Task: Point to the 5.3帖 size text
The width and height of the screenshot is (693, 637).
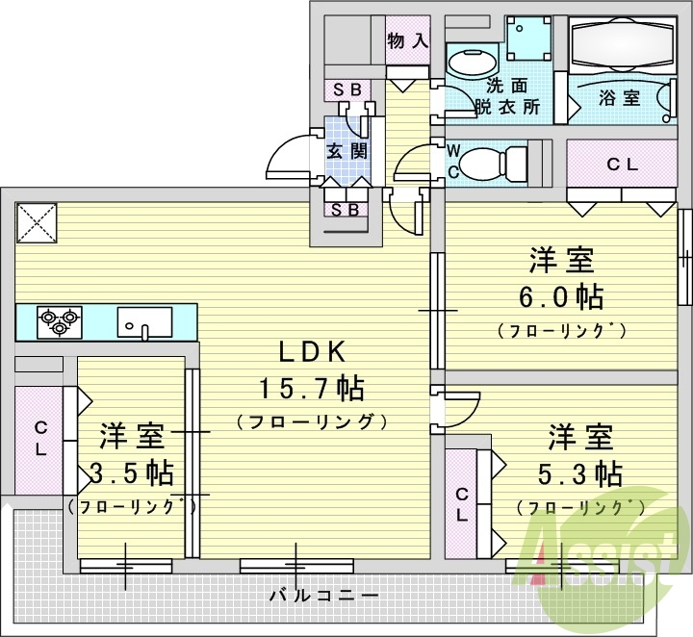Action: click(x=581, y=473)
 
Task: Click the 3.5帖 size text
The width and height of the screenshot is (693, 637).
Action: click(x=131, y=472)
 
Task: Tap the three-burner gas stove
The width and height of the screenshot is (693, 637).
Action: click(x=60, y=319)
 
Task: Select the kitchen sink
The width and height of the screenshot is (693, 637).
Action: click(x=144, y=319)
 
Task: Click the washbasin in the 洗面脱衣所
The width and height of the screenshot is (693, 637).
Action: click(x=470, y=64)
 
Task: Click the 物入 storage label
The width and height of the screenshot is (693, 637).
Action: click(x=407, y=40)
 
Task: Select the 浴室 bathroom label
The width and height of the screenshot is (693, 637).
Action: click(x=619, y=97)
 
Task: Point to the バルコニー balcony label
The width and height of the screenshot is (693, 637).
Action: click(x=322, y=596)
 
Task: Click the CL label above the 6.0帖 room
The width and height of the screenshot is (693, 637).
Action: click(x=622, y=165)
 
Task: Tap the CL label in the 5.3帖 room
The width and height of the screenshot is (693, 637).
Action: click(x=463, y=505)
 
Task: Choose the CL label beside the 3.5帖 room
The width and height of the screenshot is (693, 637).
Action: click(x=41, y=438)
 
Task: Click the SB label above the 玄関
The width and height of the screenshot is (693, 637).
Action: click(x=346, y=89)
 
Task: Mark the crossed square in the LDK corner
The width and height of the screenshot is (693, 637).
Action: click(x=37, y=223)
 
